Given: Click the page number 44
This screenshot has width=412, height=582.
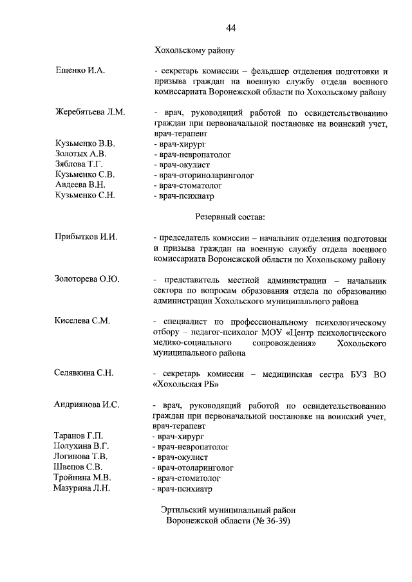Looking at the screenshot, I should point(231,28).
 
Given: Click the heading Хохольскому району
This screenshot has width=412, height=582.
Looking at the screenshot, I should point(196,50).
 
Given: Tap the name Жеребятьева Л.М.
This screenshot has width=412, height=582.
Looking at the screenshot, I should point(90,112).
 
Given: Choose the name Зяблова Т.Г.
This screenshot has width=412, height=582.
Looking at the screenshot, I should point(80,164).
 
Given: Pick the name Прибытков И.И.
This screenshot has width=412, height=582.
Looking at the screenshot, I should point(86,237).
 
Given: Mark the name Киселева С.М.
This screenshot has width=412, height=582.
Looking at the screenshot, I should point(82,321).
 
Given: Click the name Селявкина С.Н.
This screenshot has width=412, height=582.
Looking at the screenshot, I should point(84,373).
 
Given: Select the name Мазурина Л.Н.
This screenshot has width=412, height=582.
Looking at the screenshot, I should point(82,488).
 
